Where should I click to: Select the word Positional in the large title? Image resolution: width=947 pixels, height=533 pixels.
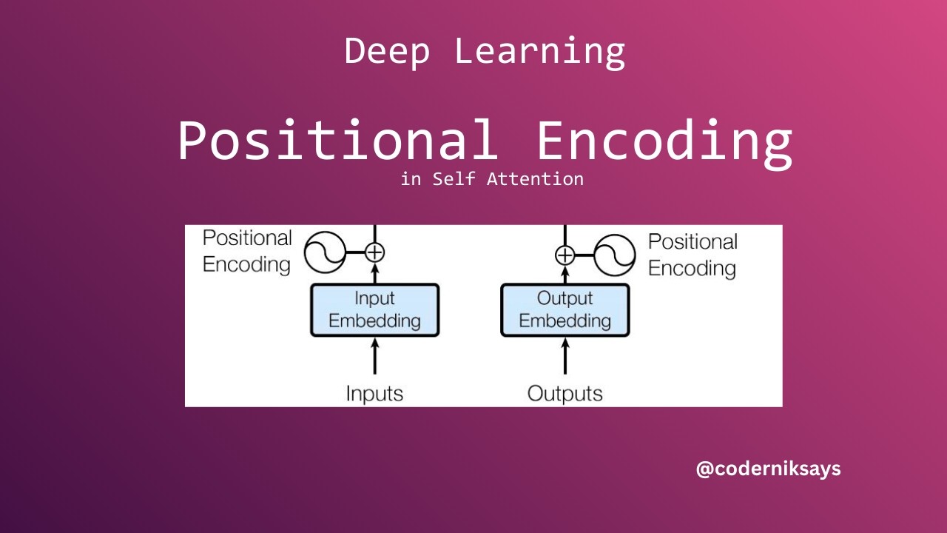[337, 141]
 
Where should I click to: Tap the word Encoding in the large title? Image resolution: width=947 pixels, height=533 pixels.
[664, 142]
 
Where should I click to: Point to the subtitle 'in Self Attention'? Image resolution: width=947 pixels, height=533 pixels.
[491, 179]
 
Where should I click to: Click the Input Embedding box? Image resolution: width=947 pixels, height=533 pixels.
[374, 310]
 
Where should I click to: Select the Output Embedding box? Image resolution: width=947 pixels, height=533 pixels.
[565, 310]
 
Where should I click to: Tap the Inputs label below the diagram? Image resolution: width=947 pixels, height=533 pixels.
[374, 393]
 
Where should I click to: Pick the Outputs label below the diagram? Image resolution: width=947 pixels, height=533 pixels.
[565, 393]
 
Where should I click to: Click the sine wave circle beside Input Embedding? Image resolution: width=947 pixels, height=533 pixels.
[326, 252]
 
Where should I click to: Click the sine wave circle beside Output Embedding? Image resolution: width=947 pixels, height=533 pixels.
[615, 255]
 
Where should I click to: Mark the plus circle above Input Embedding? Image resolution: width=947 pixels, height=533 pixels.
[375, 252]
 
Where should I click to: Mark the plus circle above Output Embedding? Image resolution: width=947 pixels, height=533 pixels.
[565, 255]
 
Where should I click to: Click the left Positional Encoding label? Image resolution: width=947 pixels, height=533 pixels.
[247, 251]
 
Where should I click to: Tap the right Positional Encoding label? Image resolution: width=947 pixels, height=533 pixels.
[692, 255]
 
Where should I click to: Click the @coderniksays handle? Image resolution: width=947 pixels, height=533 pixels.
[768, 469]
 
